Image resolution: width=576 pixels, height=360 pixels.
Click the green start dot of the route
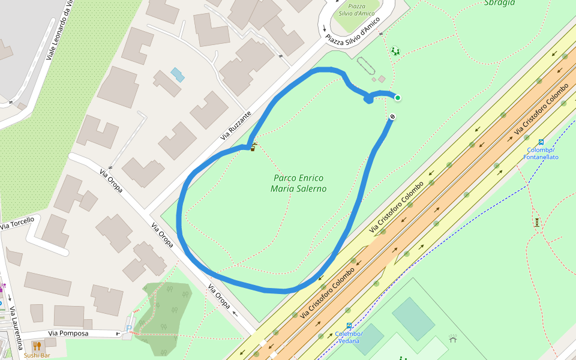pos(397,98)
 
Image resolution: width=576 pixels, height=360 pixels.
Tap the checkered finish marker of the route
pos(392,116)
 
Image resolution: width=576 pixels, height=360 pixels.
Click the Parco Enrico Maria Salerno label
pos(298,183)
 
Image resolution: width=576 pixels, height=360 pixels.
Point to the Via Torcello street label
pos(17,223)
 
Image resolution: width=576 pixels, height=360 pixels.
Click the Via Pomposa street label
pos(68,333)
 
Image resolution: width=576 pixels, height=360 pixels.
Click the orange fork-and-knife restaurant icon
pos(37,346)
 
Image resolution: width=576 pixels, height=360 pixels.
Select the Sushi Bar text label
pos(37,355)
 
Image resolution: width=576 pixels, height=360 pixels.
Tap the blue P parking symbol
pos(129,328)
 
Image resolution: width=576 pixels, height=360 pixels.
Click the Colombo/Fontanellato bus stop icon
pos(541,143)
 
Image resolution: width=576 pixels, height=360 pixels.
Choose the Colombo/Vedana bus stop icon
pos(349,326)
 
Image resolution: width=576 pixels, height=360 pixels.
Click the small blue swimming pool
pos(177,74)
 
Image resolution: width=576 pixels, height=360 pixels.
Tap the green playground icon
pos(395,51)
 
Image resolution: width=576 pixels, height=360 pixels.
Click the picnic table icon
pos(536,222)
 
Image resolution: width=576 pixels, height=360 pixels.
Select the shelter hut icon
pos(453,338)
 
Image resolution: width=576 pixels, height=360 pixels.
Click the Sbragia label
pos(499,2)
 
